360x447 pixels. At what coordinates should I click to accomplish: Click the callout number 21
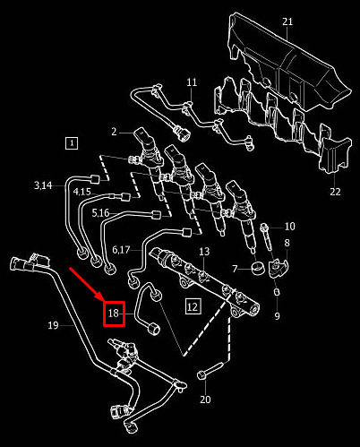287,21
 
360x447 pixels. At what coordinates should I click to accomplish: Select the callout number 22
335,192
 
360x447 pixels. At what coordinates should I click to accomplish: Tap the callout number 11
192,82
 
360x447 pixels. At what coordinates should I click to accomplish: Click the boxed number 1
72,143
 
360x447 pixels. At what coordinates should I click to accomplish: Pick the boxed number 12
193,306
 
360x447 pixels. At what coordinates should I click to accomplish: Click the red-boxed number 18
114,314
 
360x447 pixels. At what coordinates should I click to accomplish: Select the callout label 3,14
43,185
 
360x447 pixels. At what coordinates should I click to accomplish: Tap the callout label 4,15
82,192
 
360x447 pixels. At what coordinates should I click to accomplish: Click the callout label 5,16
100,213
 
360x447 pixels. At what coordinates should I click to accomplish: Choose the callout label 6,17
121,250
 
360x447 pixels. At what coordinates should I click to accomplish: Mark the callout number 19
53,325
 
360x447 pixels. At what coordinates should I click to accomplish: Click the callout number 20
205,400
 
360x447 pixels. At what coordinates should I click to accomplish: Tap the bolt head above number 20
201,375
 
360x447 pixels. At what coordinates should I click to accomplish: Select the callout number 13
204,252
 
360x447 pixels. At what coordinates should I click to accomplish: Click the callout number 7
235,269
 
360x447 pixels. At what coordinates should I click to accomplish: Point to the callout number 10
290,227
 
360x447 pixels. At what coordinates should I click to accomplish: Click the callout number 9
278,315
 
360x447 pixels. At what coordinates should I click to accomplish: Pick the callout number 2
114,132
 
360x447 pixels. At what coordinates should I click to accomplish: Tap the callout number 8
287,243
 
